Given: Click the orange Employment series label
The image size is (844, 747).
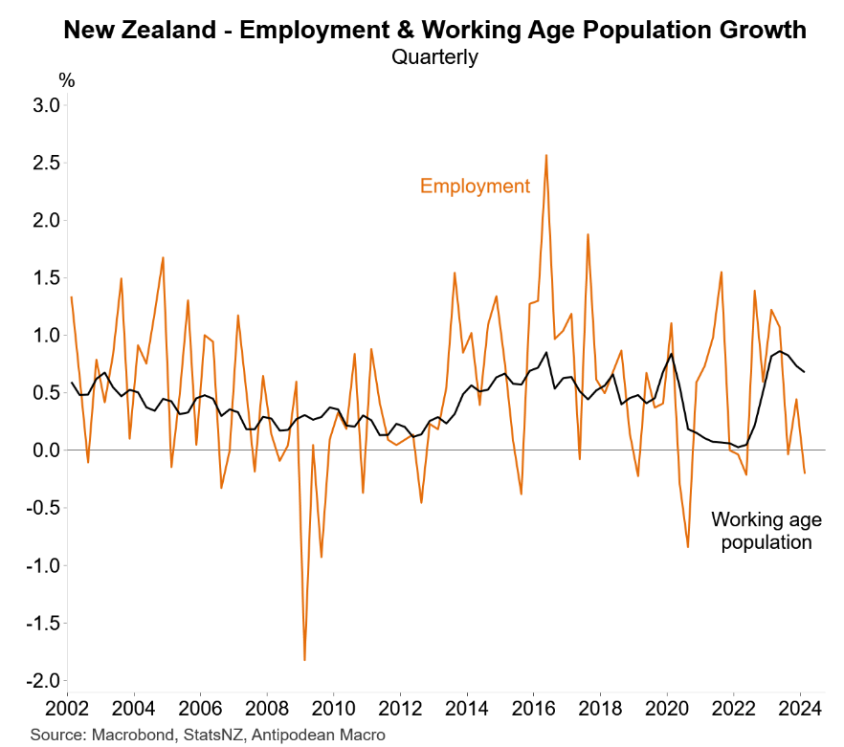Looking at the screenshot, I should pyautogui.click(x=475, y=186).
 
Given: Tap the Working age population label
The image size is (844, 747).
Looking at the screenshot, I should pyautogui.click(x=766, y=531).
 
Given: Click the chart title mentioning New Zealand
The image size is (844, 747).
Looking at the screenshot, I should pyautogui.click(x=434, y=31).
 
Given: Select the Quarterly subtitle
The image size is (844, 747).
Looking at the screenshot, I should pyautogui.click(x=434, y=57).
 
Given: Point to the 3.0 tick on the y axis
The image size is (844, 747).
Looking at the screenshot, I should pyautogui.click(x=47, y=104).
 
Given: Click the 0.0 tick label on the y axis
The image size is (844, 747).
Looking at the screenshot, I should pyautogui.click(x=47, y=450).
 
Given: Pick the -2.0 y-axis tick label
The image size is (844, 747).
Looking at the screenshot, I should pyautogui.click(x=43, y=681).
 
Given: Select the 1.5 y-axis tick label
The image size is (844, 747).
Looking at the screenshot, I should pyautogui.click(x=47, y=277).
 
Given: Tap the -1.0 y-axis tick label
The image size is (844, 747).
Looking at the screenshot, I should pyautogui.click(x=43, y=566).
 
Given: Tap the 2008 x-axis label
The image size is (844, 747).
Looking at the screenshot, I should pyautogui.click(x=267, y=709).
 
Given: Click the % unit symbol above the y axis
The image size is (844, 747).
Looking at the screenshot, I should pyautogui.click(x=66, y=78).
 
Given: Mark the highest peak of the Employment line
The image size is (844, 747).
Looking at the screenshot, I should pyautogui.click(x=545, y=155).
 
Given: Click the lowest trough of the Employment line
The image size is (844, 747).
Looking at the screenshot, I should pyautogui.click(x=304, y=660).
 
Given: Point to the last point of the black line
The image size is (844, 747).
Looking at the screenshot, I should pyautogui.click(x=804, y=371).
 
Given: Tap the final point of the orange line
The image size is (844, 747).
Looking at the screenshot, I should pyautogui.click(x=804, y=472).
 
